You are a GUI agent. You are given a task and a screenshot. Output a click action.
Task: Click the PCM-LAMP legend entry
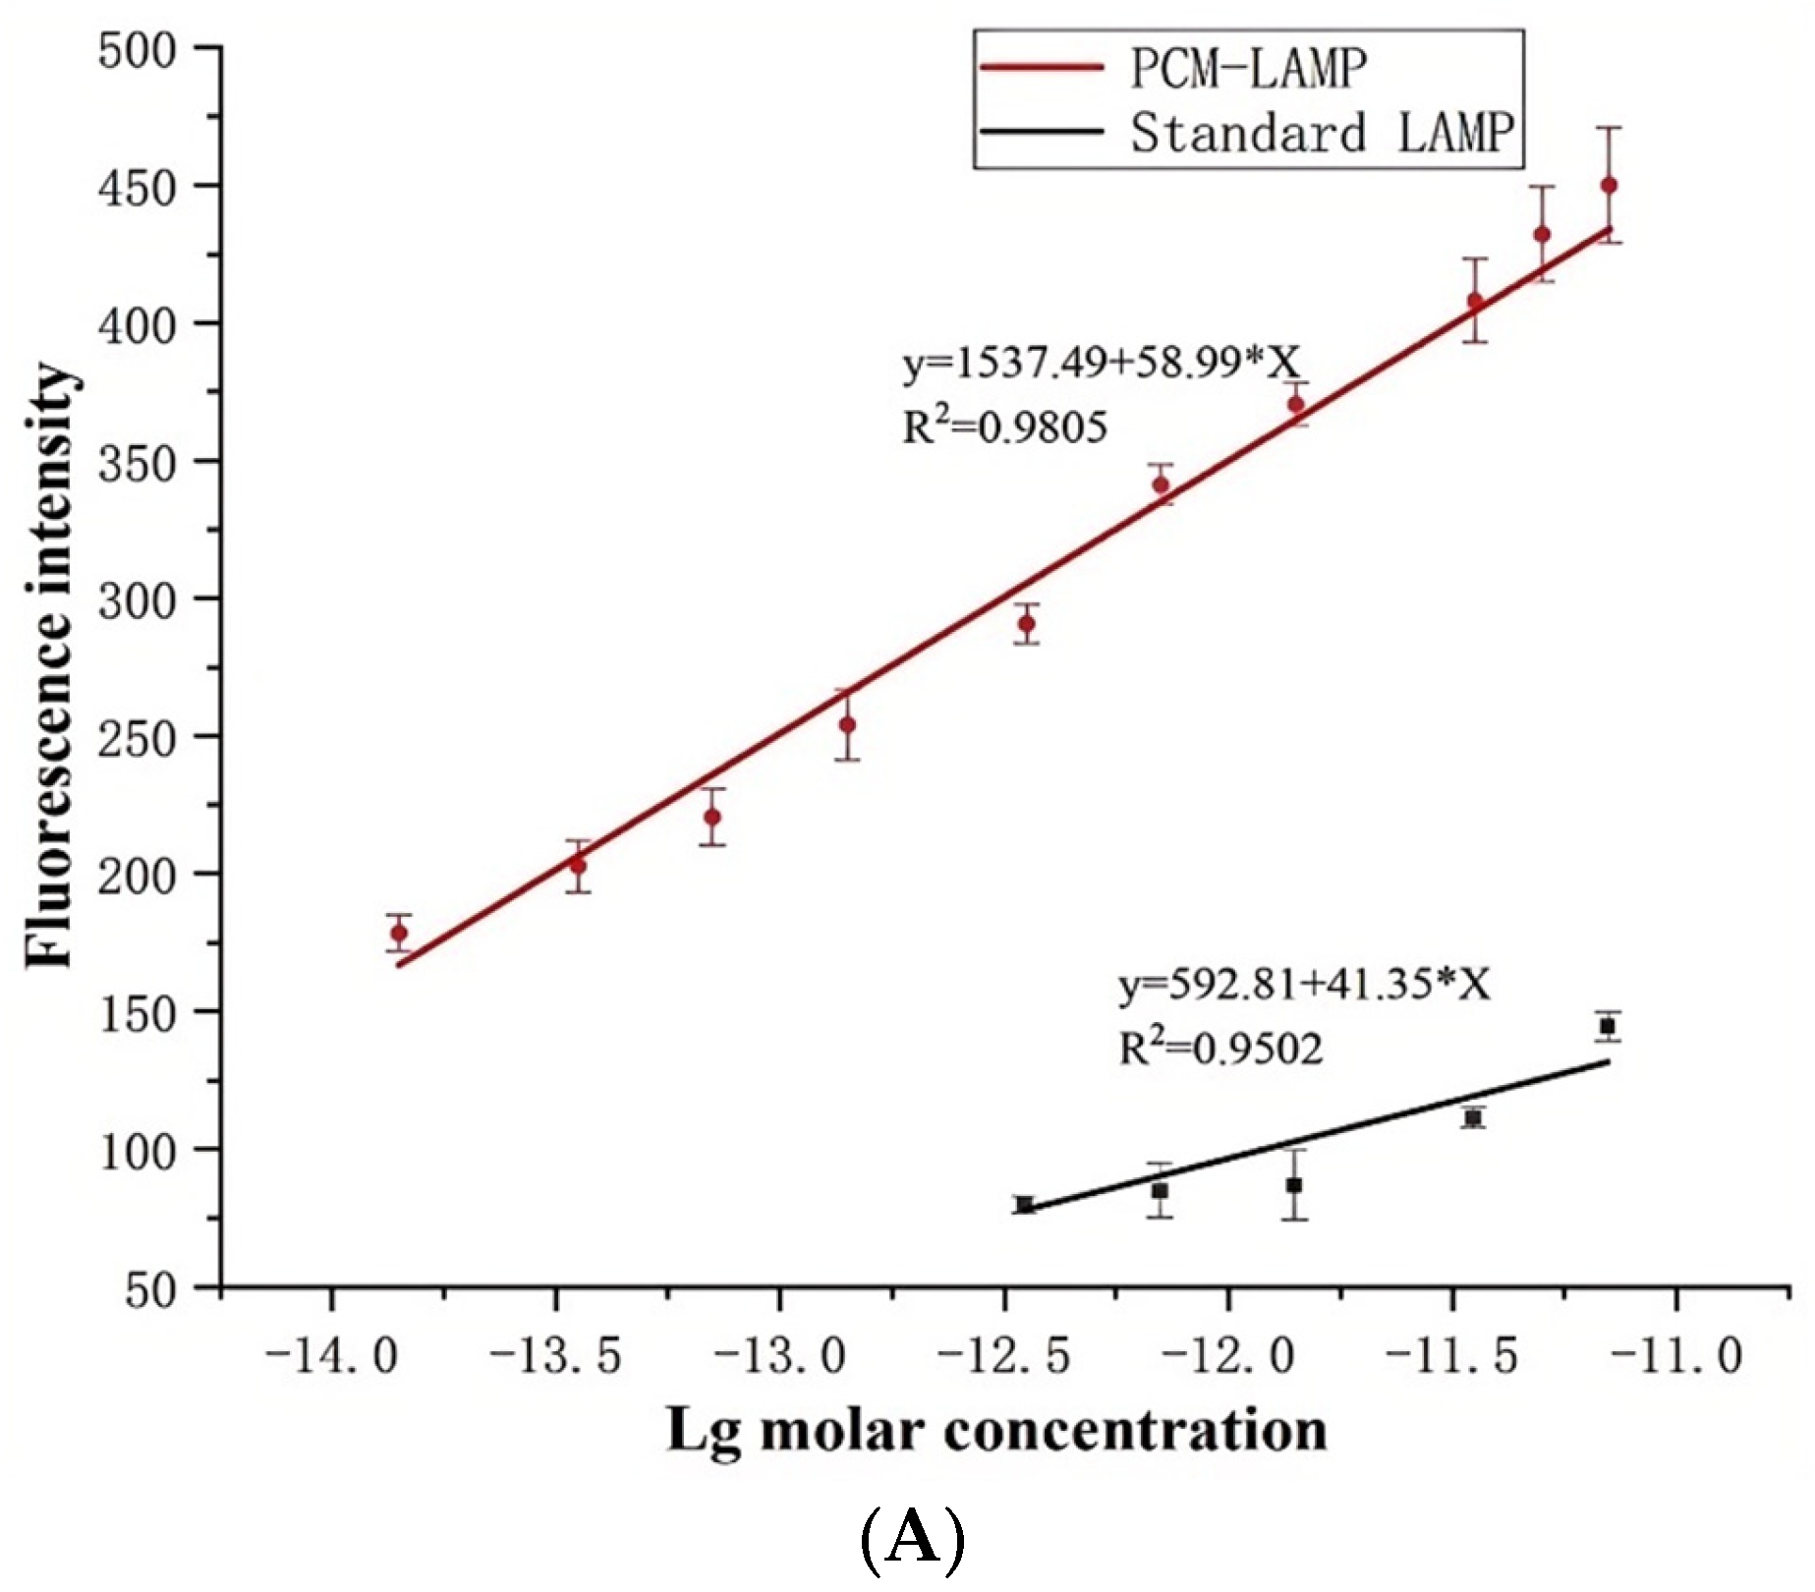tap(1174, 68)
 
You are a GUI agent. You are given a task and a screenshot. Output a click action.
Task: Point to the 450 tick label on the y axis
tap(137, 187)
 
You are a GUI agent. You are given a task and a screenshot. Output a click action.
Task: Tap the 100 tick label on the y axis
tap(137, 1150)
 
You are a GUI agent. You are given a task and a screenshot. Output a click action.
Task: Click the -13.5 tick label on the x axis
tap(556, 1356)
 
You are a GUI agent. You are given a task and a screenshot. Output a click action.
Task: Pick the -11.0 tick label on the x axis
tap(1676, 1356)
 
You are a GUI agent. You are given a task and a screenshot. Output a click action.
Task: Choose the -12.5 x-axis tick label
tap(1004, 1356)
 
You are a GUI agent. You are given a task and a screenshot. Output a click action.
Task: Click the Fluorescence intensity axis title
tap(49, 666)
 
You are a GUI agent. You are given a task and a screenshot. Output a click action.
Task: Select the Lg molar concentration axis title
tap(996, 1432)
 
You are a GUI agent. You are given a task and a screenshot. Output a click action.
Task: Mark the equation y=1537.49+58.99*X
tap(1101, 364)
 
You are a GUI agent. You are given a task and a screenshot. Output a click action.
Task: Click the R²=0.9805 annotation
tap(1004, 426)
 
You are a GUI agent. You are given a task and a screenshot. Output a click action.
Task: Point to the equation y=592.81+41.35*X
tap(1304, 984)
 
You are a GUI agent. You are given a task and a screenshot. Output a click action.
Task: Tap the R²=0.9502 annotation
tap(1220, 1048)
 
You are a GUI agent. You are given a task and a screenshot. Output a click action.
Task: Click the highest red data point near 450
tap(1609, 185)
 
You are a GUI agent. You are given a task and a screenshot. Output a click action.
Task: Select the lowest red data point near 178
tap(399, 933)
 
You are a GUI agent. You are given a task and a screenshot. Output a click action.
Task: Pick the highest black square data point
tap(1608, 1026)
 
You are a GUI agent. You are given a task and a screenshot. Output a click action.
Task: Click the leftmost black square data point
tap(1025, 1205)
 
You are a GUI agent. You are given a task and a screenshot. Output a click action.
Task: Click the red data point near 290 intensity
tap(1026, 623)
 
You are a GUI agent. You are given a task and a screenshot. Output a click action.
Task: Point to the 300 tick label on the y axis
tap(137, 599)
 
